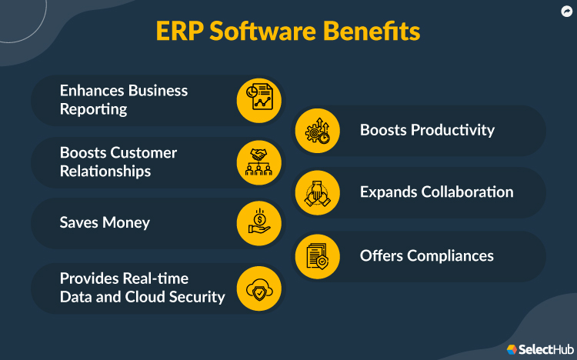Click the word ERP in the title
click(182, 32)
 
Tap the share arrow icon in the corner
click(564, 12)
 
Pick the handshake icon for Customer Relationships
click(258, 162)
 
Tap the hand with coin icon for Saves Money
click(258, 223)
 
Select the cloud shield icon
click(258, 288)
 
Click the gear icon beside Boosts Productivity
click(318, 130)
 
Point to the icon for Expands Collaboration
click(318, 192)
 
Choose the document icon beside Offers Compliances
click(318, 255)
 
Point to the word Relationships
click(105, 172)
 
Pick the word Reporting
click(93, 109)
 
